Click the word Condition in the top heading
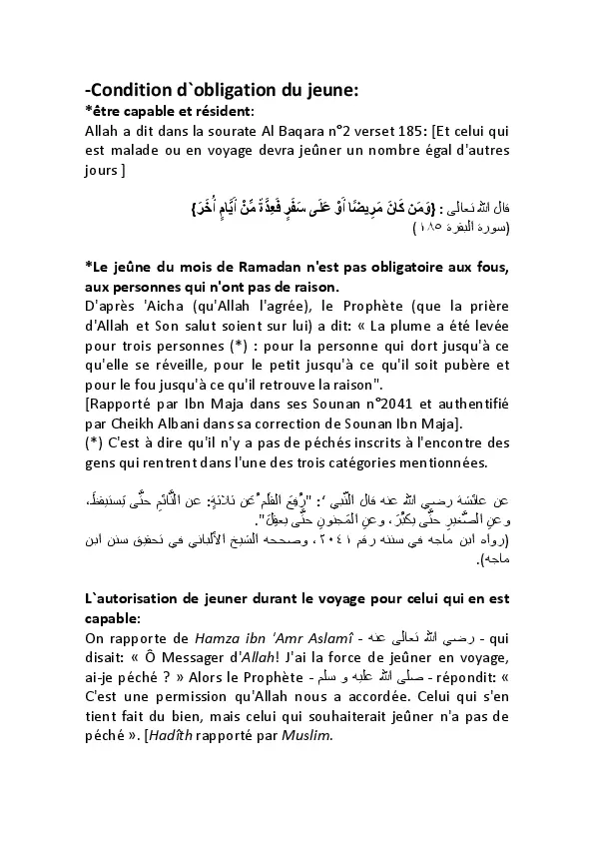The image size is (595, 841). point(130,90)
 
